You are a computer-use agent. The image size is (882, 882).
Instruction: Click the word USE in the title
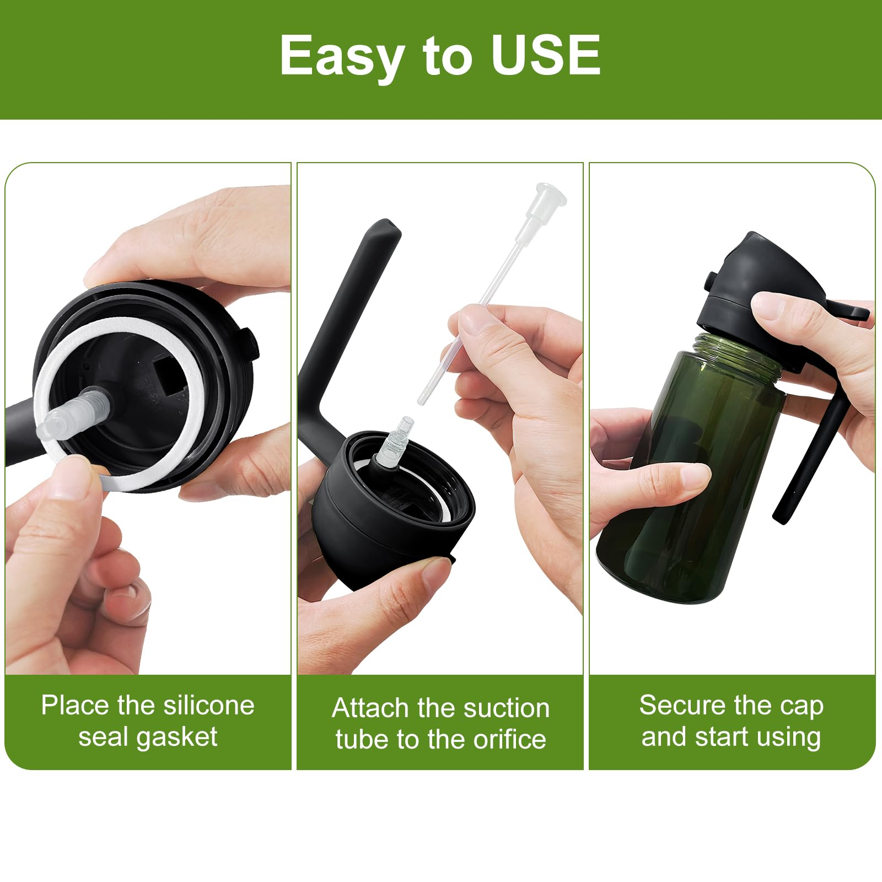point(546,55)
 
